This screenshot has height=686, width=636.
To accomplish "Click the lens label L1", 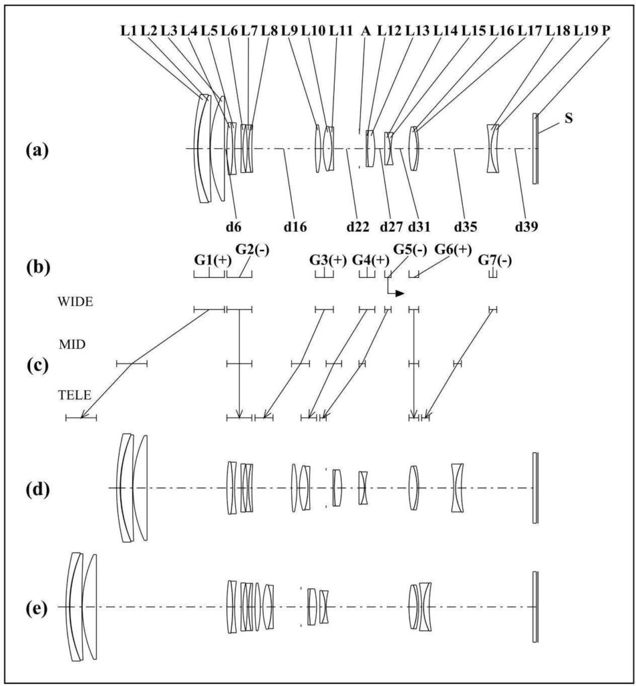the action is [x=129, y=31].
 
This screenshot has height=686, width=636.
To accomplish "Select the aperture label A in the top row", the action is [x=366, y=31].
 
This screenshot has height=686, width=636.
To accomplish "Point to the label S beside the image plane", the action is [x=568, y=118].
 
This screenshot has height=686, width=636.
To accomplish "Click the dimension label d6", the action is [x=233, y=226].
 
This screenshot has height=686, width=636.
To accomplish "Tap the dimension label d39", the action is [x=527, y=226].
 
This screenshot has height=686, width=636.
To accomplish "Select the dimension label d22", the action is [x=358, y=226].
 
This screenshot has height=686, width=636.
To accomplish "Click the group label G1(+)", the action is [x=213, y=260].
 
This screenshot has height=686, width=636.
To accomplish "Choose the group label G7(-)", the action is [x=495, y=260].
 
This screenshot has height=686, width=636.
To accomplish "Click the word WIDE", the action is [x=75, y=302].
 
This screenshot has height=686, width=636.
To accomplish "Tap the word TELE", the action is [x=75, y=395].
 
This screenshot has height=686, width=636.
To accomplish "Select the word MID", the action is [x=72, y=345].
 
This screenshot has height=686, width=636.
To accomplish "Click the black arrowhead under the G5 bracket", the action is [x=399, y=293].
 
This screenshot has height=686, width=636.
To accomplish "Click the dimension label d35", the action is [x=466, y=226].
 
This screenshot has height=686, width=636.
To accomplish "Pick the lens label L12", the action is [x=389, y=31].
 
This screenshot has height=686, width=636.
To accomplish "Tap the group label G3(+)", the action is [x=328, y=260].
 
